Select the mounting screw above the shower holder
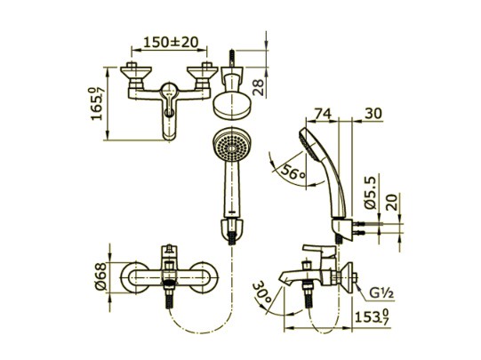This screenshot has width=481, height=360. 233,59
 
